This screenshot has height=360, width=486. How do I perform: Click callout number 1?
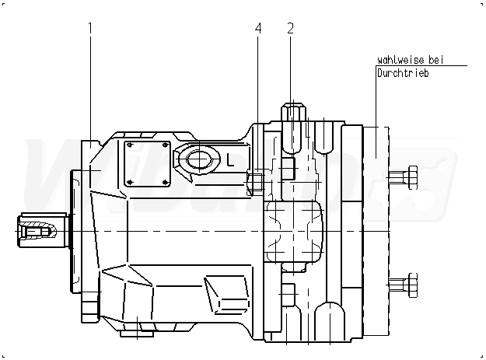[x=91, y=29]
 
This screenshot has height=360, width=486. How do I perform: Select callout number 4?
[x=258, y=29]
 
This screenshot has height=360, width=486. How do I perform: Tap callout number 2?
[x=290, y=29]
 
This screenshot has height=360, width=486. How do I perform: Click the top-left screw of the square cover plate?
[x=130, y=145]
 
